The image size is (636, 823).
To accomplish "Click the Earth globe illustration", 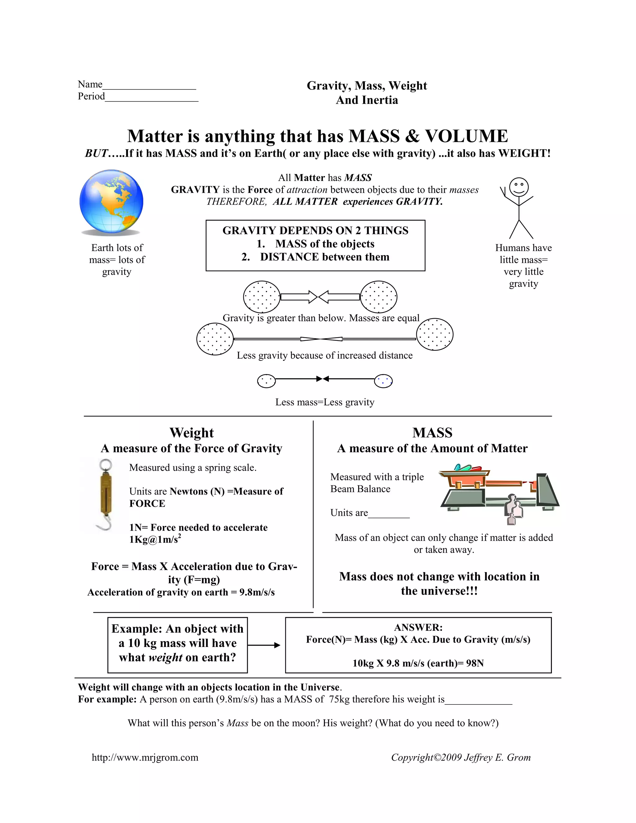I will (x=111, y=201).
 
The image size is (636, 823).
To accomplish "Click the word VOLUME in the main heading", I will (x=466, y=136).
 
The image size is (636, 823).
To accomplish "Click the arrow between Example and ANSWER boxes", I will (x=264, y=645).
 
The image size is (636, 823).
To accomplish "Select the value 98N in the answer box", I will (x=475, y=663).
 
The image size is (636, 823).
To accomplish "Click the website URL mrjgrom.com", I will (x=145, y=757).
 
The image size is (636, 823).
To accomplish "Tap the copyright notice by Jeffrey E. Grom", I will (x=461, y=757).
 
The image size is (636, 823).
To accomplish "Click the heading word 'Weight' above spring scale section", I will (x=192, y=432).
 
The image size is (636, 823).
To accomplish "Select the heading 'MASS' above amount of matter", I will (x=432, y=432).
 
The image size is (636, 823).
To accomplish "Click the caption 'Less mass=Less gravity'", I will (x=325, y=402).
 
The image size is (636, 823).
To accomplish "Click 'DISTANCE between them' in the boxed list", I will (x=324, y=257).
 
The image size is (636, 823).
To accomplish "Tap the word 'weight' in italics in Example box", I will (x=166, y=658).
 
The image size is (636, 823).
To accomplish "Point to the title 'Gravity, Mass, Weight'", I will (x=366, y=86).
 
